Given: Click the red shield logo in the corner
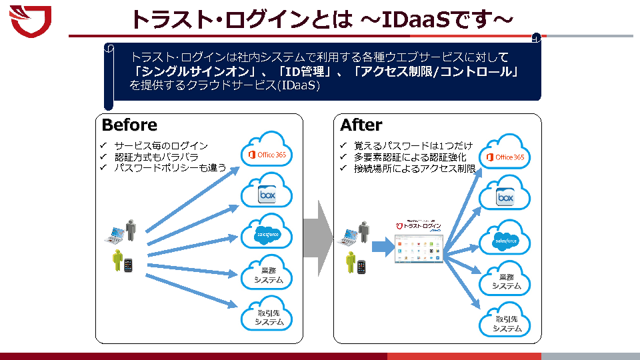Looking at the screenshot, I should click(31, 20).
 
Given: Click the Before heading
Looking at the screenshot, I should click(129, 125).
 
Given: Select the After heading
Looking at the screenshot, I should click(361, 125).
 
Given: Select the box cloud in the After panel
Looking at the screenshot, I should click(505, 197).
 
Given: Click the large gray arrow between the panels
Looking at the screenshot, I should click(319, 231).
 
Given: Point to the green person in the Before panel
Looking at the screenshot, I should click(119, 261).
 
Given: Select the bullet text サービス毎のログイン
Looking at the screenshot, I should click(161, 146).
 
